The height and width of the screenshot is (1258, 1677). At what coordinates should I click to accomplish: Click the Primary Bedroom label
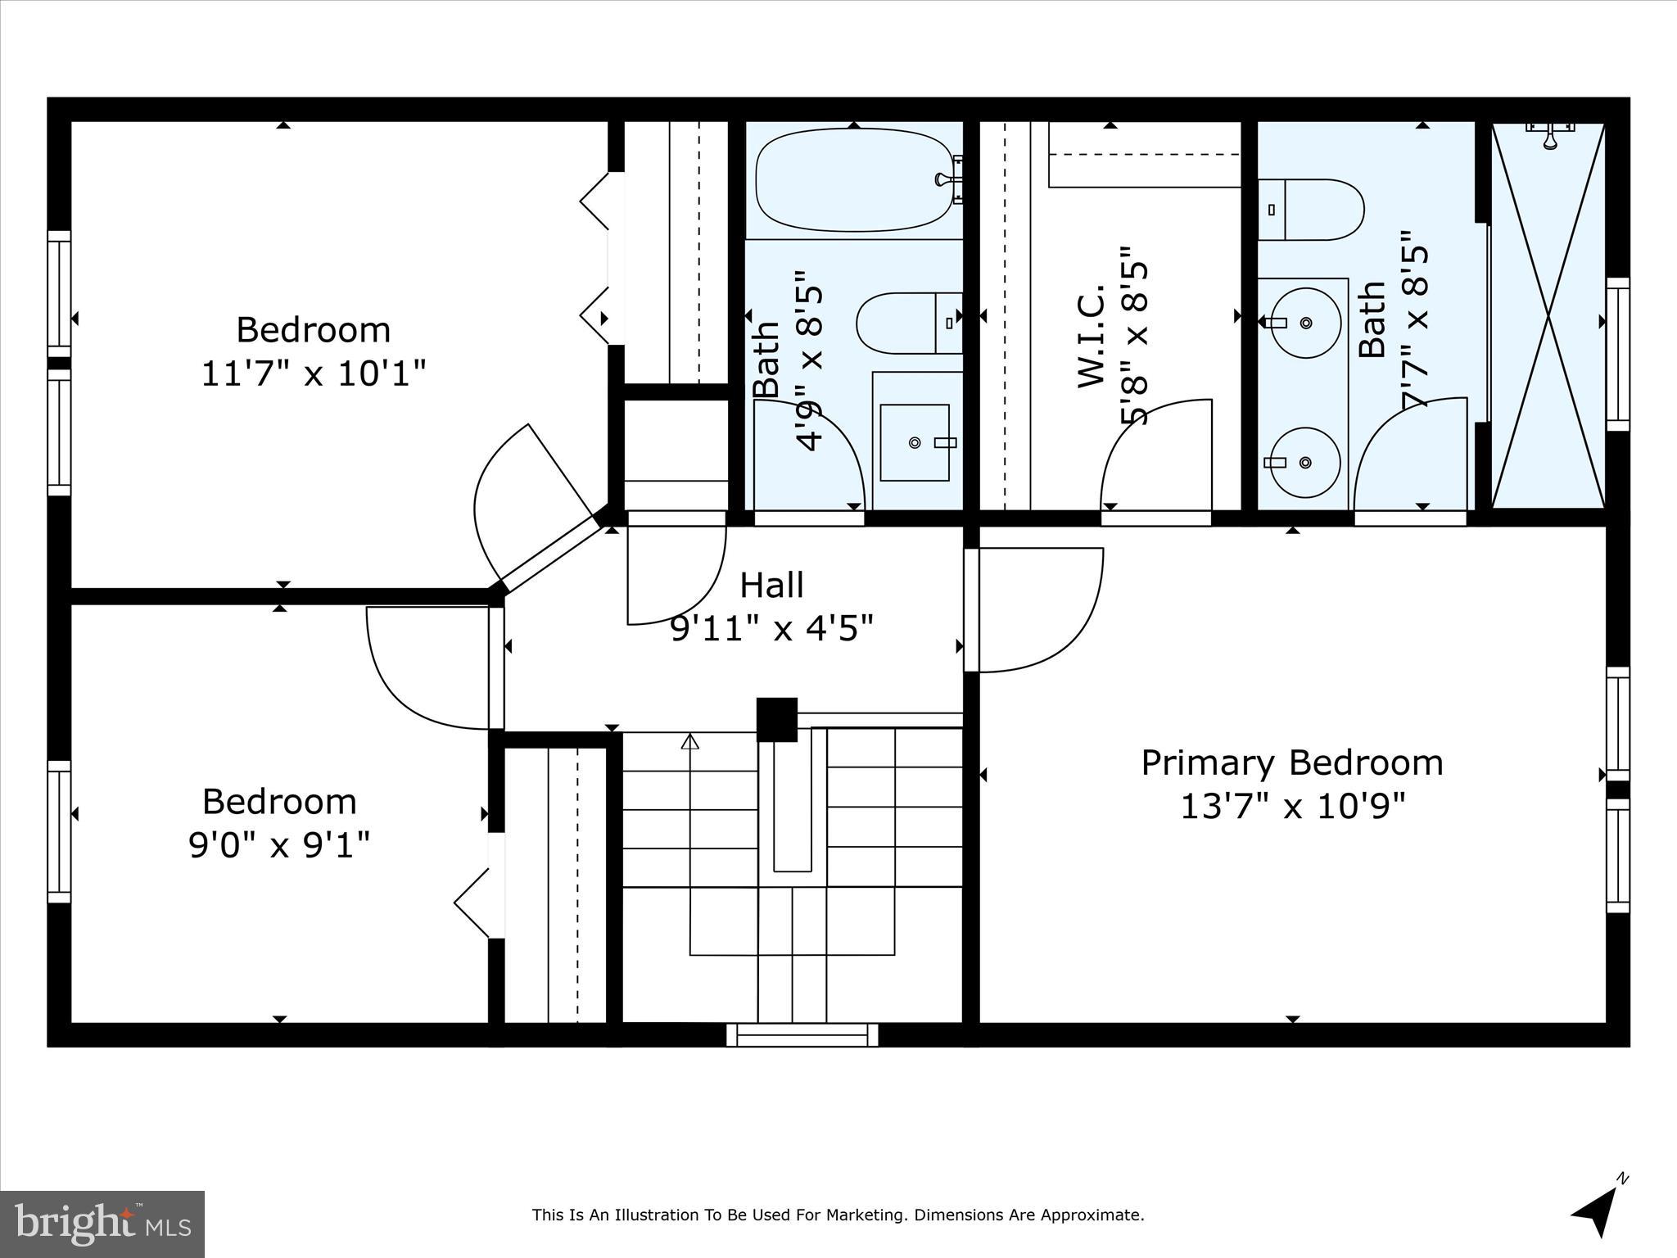pos(1291,763)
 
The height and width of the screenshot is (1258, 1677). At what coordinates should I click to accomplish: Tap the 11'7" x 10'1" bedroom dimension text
pos(314,374)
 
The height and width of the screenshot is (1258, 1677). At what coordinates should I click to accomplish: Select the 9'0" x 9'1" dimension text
pos(279,844)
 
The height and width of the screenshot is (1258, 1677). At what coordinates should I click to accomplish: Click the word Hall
pos(771,586)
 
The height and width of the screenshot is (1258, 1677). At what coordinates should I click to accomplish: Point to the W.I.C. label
pos(1092,337)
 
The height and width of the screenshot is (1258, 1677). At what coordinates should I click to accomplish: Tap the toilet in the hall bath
pos(908,323)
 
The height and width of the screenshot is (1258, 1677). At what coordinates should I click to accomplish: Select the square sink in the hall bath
pos(915,442)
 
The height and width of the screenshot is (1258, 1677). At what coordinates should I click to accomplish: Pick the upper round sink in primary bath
pos(1305,323)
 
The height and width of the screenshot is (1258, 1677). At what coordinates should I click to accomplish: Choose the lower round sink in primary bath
pos(1305,463)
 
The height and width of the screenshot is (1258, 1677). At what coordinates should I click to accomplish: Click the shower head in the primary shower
pos(1549,136)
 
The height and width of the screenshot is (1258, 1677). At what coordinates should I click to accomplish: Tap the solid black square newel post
pos(776,719)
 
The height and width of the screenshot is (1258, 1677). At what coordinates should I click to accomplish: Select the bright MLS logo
pos(102,1224)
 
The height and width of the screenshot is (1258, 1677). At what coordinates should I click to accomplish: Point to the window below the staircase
pos(802,1035)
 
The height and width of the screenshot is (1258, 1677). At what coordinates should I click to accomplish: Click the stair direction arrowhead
pos(690,742)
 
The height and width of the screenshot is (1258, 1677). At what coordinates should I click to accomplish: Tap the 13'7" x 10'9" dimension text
pos(1291,807)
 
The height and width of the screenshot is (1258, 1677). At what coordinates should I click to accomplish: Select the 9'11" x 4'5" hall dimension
pos(771,629)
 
